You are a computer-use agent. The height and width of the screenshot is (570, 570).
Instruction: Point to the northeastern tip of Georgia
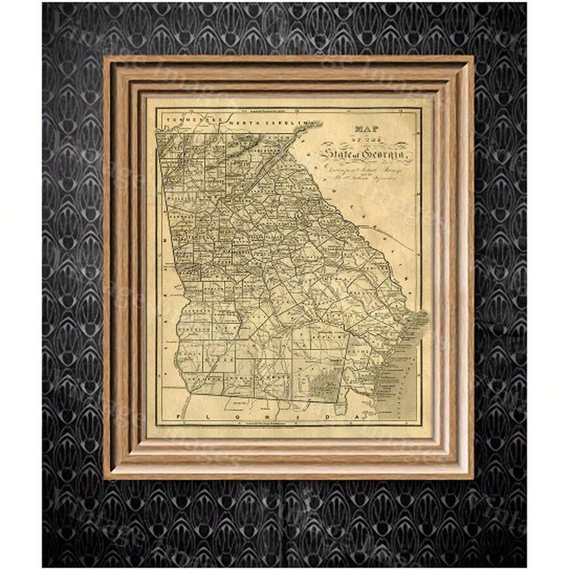coord(310,125)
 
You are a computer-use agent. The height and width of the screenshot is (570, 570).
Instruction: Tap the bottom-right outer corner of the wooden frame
coord(473,478)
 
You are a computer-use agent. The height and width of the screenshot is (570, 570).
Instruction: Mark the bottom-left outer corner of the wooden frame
coord(104,478)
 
